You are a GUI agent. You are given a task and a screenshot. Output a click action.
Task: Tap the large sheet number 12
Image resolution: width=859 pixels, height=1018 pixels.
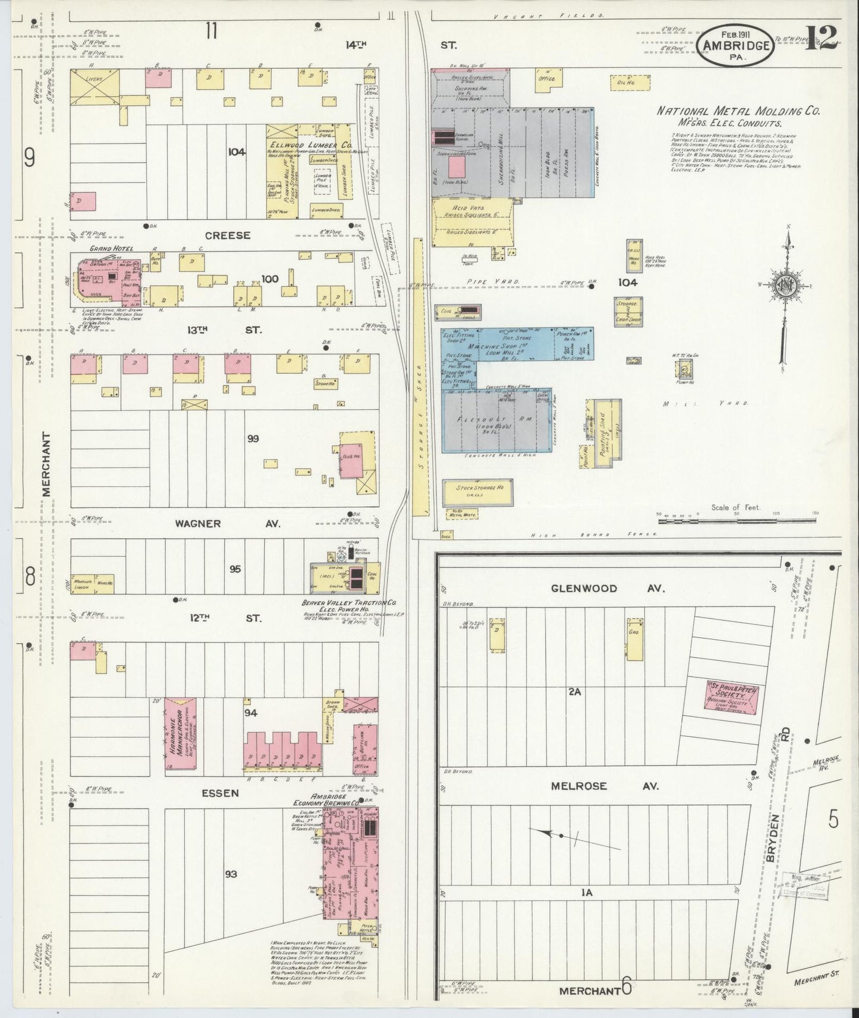[x=822, y=39]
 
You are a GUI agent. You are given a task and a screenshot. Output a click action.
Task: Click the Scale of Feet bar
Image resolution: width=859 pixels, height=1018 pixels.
[x=737, y=521]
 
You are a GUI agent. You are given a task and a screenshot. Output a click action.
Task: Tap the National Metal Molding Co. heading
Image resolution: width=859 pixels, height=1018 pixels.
[x=738, y=111]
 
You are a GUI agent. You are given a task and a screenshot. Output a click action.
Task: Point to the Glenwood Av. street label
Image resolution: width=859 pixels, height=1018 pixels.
[x=605, y=588]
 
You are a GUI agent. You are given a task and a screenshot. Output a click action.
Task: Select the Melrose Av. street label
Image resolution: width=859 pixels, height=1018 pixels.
[x=604, y=786]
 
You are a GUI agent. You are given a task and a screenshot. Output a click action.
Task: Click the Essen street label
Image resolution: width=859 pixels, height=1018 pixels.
[x=219, y=792]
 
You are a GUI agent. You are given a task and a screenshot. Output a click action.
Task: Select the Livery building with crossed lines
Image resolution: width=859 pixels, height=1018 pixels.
[x=95, y=88]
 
